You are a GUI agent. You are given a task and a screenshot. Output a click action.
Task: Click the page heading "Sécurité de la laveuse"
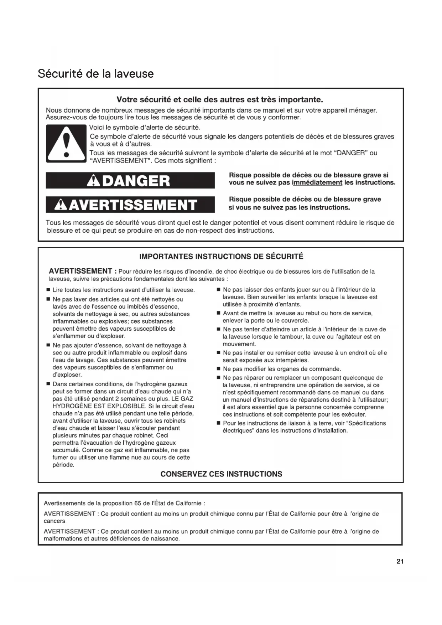tap(96, 74)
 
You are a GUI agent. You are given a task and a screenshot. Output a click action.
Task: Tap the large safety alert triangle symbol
tap(66, 144)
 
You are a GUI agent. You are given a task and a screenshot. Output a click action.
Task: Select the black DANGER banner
tap(130, 181)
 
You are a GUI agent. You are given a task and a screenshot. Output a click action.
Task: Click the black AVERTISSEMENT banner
tap(130, 205)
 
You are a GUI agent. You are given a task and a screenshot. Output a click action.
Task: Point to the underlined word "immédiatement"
tap(317, 183)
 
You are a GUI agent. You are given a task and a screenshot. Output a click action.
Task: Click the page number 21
tap(400, 562)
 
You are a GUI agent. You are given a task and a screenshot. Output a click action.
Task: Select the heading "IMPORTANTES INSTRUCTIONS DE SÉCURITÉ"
tap(221, 257)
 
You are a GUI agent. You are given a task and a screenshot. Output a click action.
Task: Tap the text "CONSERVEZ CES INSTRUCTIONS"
tap(221, 474)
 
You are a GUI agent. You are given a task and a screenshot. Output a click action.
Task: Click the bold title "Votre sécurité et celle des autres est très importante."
tap(220, 99)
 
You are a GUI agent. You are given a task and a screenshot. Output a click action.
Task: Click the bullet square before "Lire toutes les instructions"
tap(48, 290)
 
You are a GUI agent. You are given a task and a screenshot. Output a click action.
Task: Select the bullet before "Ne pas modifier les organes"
tap(218, 369)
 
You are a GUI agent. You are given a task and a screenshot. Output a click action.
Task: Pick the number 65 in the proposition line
tap(138, 503)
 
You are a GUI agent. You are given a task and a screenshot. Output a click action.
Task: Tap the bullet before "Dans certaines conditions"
tap(48, 384)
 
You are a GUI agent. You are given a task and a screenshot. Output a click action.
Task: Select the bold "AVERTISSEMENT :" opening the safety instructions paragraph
tap(80, 271)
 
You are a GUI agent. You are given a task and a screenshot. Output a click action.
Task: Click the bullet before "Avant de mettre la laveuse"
tap(218, 313)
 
